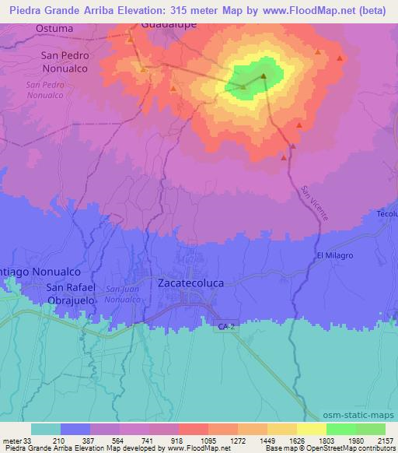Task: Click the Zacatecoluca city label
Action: [190, 283]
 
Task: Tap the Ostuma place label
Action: [54, 29]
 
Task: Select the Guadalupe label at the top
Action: [168, 24]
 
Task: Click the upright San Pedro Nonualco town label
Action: [65, 61]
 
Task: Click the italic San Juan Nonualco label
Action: [123, 294]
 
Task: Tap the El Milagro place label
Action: [334, 255]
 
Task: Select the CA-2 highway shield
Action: [225, 328]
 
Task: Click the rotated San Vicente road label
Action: [315, 202]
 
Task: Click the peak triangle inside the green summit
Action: [264, 75]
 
